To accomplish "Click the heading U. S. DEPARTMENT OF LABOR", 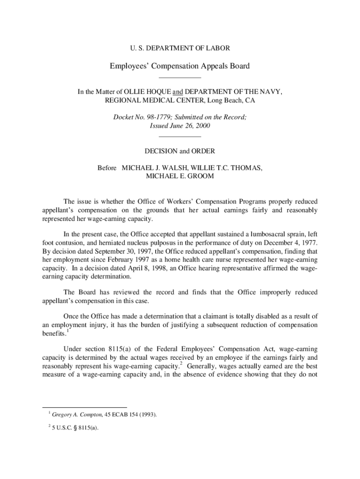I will click(x=180, y=48).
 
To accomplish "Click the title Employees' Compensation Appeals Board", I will click(x=180, y=66).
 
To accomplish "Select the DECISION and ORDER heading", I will click(x=180, y=151).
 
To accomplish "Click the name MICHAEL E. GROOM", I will click(x=180, y=176).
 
